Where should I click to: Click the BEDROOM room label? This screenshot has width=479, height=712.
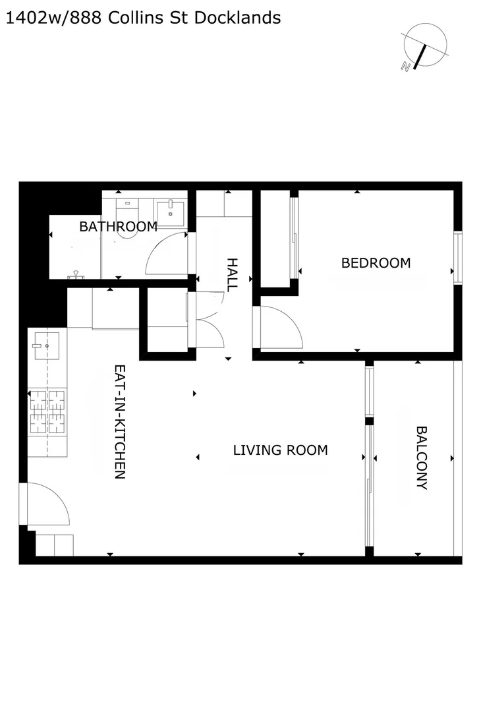click(376, 262)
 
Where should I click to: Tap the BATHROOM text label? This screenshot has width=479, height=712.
click(118, 227)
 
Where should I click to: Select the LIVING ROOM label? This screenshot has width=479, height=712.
click(280, 450)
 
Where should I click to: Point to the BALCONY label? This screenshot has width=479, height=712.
click(422, 458)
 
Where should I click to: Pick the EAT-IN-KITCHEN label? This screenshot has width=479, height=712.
click(120, 422)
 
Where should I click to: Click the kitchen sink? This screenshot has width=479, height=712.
click(47, 345)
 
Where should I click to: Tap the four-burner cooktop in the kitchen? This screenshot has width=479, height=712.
click(47, 411)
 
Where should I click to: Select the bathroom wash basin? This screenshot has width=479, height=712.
click(171, 213)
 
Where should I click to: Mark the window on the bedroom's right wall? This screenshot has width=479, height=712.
click(456, 256)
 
